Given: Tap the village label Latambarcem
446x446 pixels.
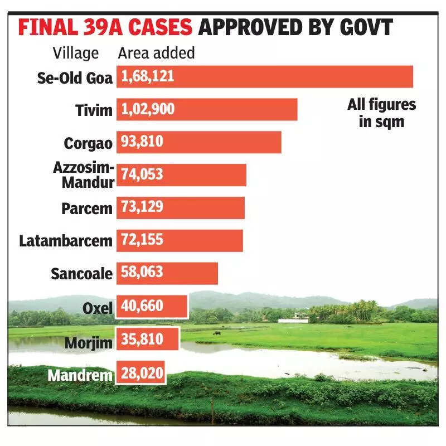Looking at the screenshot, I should [66, 241].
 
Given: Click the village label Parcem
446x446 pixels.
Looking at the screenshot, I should [87, 208].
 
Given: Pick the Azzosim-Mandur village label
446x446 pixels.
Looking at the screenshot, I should [84, 174].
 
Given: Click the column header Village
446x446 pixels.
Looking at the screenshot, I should [76, 53].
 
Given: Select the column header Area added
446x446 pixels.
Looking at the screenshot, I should [157, 53].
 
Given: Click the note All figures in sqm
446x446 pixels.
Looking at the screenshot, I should [382, 113].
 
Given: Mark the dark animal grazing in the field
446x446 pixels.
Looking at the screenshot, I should [216, 333].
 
